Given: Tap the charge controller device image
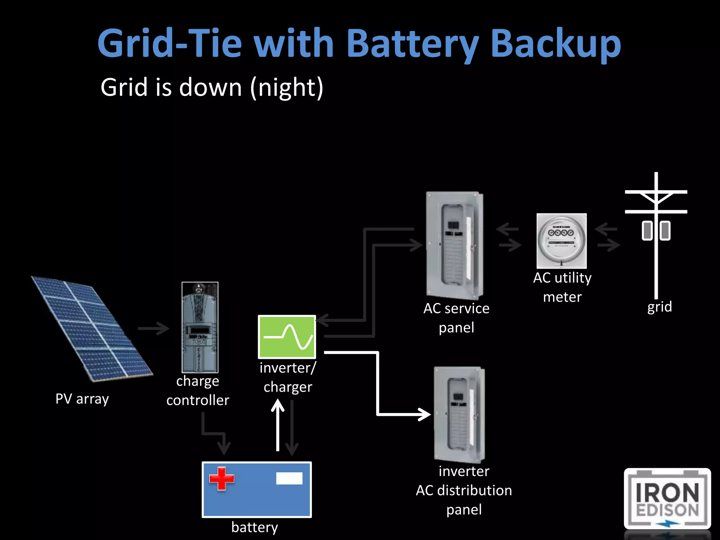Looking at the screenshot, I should tap(200, 327).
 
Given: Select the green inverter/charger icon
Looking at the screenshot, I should tap(287, 337).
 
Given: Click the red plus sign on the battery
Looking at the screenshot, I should tap(221, 478).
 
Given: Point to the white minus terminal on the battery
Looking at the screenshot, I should tap(289, 478).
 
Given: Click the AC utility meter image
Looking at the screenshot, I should tap(561, 241).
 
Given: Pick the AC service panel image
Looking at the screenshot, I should tap(454, 245).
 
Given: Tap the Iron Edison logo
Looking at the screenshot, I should tap(667, 499).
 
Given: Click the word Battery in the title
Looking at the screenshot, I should tap(412, 44).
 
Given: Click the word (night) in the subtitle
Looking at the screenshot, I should tap(287, 88).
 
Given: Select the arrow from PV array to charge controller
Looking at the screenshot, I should tap(154, 329).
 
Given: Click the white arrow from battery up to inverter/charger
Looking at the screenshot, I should tap(278, 425).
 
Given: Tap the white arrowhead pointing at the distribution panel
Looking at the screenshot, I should tap(424, 414).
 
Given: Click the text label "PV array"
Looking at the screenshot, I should tap(82, 399).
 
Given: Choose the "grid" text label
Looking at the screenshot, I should tap(660, 307).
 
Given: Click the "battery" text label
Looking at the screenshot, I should tap(255, 527).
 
